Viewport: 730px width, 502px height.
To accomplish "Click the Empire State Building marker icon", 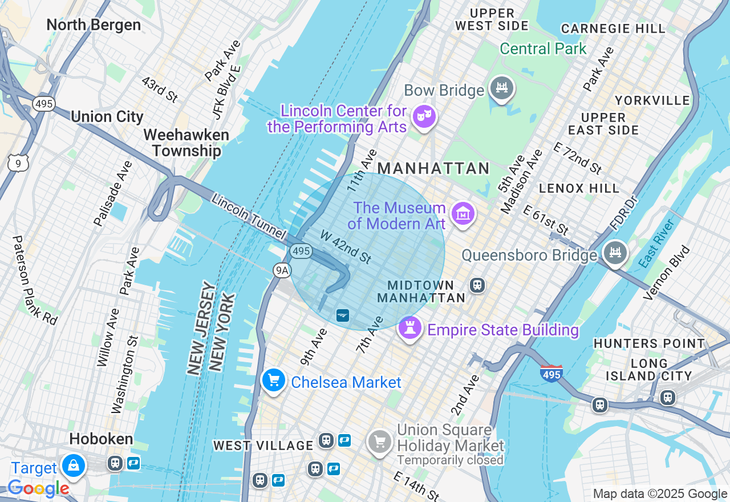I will (409, 327).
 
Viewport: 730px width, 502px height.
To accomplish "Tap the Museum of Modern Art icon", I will (463, 213).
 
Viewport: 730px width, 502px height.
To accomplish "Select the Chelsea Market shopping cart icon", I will (273, 380).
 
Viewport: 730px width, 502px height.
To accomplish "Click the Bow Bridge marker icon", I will (502, 88).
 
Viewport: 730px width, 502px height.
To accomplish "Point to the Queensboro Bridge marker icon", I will (615, 253).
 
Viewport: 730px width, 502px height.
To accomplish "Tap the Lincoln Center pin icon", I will (424, 116).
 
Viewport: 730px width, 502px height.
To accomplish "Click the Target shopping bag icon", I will (74, 465).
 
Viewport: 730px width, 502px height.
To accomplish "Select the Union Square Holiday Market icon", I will (379, 441).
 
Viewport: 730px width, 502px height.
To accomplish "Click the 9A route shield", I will (281, 270).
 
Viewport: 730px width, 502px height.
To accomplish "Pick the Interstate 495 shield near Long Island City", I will (551, 374).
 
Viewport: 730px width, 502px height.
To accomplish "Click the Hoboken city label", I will (101, 439).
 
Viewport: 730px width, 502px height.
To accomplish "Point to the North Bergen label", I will (94, 25).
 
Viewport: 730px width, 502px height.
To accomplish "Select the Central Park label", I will (543, 48).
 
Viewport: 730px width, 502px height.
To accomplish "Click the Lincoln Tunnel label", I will (248, 216).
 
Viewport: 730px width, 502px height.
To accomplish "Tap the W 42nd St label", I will (346, 246).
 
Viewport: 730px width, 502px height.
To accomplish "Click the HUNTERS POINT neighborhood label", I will (649, 343).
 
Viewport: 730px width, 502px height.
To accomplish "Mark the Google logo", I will (38, 488).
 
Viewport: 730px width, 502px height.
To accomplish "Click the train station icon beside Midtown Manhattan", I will (477, 284).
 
